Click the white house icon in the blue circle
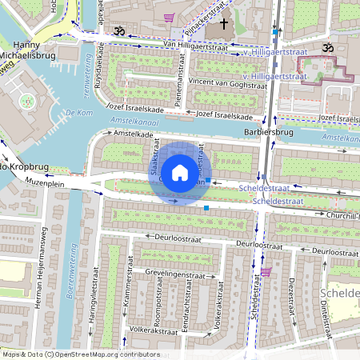pyautogui.click(x=180, y=173)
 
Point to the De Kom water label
pyautogui.click(x=81, y=112)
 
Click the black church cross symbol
pyautogui.click(x=224, y=24)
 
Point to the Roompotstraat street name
pyautogui.click(x=160, y=304)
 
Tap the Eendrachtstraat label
pyautogui.click(x=186, y=309)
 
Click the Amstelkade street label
pyautogui.click(x=133, y=134)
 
